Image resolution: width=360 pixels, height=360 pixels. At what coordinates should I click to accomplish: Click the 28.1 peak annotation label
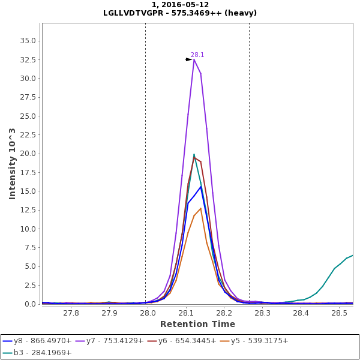pyautogui.click(x=197, y=55)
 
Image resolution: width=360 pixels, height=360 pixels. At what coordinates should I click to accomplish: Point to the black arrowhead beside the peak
pyautogui.click(x=189, y=59)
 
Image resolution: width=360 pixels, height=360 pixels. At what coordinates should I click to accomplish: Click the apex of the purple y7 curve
pyautogui.click(x=194, y=59)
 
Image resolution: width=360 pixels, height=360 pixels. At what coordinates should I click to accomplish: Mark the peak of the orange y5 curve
pyautogui.click(x=200, y=208)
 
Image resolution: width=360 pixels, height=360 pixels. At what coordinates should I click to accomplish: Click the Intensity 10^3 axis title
pyautogui.click(x=12, y=163)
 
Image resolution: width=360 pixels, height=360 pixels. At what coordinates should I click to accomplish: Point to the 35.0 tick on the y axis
pyautogui.click(x=28, y=41)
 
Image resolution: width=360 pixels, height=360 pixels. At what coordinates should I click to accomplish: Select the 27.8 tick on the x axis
pyautogui.click(x=71, y=313)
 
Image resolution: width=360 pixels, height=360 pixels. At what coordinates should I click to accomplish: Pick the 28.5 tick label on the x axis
pyautogui.click(x=339, y=313)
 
